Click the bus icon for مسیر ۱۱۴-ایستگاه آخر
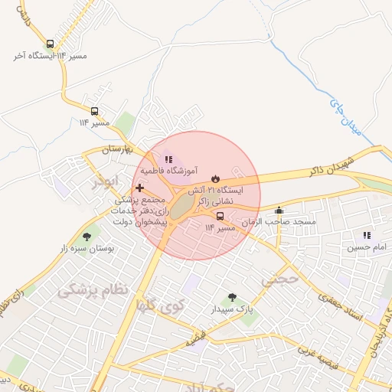(x=50, y=44)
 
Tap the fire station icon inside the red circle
(x=214, y=177)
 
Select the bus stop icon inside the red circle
(x=220, y=216)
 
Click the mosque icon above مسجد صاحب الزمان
(x=279, y=210)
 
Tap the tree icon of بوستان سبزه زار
(x=86, y=237)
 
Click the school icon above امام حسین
(x=367, y=235)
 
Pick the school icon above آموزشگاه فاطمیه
(x=168, y=158)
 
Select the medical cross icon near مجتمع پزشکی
(x=139, y=187)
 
